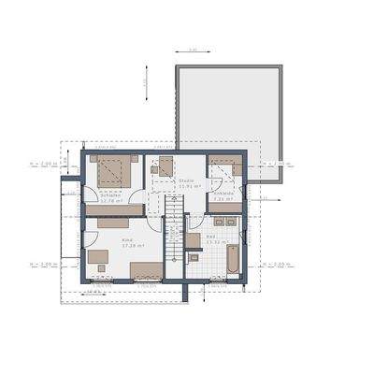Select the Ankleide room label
[223, 194]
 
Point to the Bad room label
[211, 237]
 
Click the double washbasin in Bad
[225, 223]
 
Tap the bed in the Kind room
[146, 272]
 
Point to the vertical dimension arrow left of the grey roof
[147, 85]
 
